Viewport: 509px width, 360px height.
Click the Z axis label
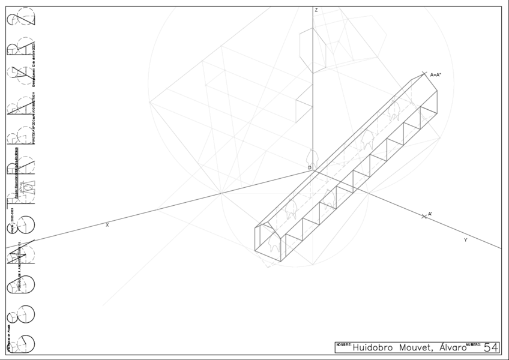click(x=316, y=10)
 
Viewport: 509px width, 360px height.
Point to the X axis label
click(x=107, y=225)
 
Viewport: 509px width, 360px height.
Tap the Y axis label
click(x=465, y=240)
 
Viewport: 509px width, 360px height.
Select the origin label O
click(x=309, y=168)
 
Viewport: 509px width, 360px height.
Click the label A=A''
click(x=436, y=75)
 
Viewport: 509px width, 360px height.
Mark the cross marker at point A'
click(x=424, y=216)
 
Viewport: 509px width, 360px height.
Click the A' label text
click(x=430, y=213)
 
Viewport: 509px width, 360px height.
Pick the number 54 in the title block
click(x=491, y=347)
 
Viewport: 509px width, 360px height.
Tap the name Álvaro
click(x=452, y=347)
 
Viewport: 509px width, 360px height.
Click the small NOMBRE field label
click(x=343, y=344)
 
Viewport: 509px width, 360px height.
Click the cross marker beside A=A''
click(x=424, y=74)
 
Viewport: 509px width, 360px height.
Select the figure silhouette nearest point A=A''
click(x=394, y=111)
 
